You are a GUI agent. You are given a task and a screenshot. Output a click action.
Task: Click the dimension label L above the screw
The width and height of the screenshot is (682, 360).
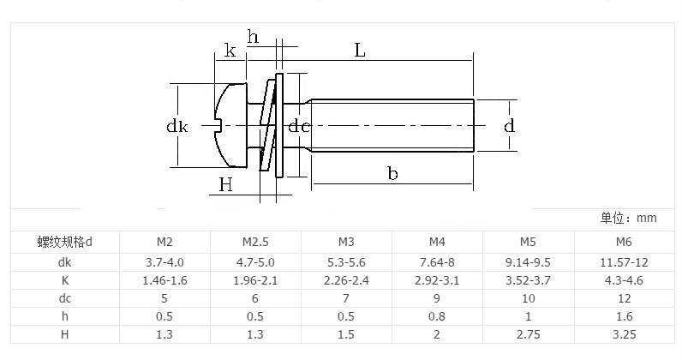click(x=360, y=51)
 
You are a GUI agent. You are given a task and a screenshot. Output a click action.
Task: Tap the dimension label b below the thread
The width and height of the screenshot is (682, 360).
click(x=392, y=173)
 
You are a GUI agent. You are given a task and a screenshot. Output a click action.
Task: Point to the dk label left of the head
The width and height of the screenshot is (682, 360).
click(x=176, y=127)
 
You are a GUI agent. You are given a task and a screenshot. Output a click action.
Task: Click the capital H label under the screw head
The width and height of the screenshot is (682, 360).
click(x=225, y=183)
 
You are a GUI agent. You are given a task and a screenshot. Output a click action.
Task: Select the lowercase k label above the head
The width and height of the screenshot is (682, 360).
click(x=230, y=51)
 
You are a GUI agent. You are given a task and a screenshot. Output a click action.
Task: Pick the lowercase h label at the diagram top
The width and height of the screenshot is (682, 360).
click(x=253, y=37)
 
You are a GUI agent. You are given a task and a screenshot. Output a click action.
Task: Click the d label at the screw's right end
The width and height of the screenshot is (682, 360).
click(x=510, y=126)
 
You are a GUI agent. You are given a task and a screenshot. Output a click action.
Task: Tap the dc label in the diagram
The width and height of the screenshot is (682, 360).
click(x=298, y=127)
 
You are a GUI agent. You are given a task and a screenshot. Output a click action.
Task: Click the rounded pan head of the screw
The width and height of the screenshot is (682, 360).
click(x=230, y=125)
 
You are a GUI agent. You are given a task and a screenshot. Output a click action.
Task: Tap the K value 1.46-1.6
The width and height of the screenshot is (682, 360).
click(x=165, y=280)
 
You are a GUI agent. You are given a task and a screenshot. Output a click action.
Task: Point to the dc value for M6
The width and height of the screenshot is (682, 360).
click(x=624, y=298)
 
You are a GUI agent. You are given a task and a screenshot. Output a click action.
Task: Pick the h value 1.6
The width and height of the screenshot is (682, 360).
click(x=624, y=316)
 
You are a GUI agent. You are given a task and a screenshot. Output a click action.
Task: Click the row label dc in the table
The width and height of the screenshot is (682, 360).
click(x=65, y=298)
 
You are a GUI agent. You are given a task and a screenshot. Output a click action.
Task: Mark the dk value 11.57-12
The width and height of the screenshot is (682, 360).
click(x=624, y=261)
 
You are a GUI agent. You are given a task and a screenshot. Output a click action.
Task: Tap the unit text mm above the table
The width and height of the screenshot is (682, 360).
click(x=647, y=219)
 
